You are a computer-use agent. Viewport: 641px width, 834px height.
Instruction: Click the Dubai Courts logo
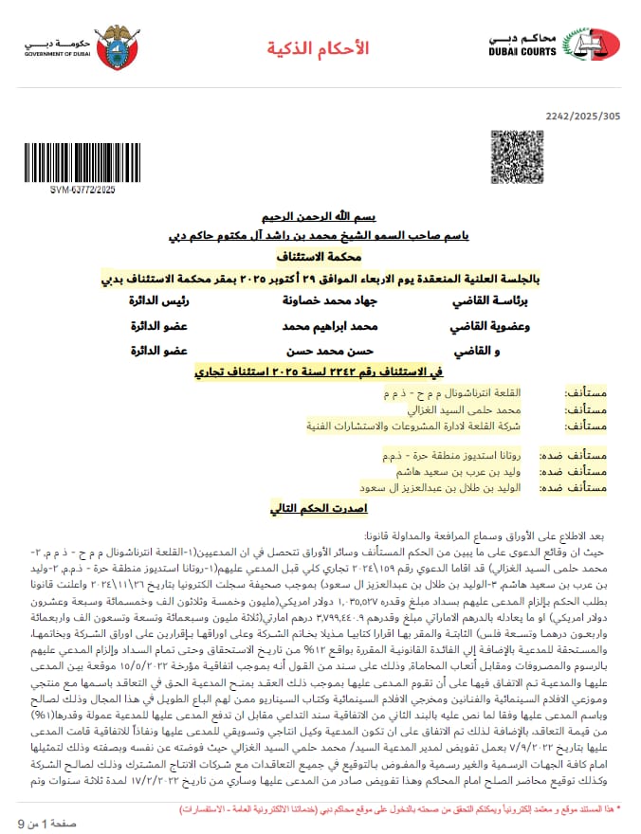[x=554, y=44]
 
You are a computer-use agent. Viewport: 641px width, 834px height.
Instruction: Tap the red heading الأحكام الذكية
[x=318, y=47]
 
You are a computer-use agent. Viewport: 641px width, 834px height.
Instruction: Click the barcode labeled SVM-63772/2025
[x=82, y=165]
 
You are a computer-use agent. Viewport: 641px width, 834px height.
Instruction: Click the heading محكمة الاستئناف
[x=320, y=257]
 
